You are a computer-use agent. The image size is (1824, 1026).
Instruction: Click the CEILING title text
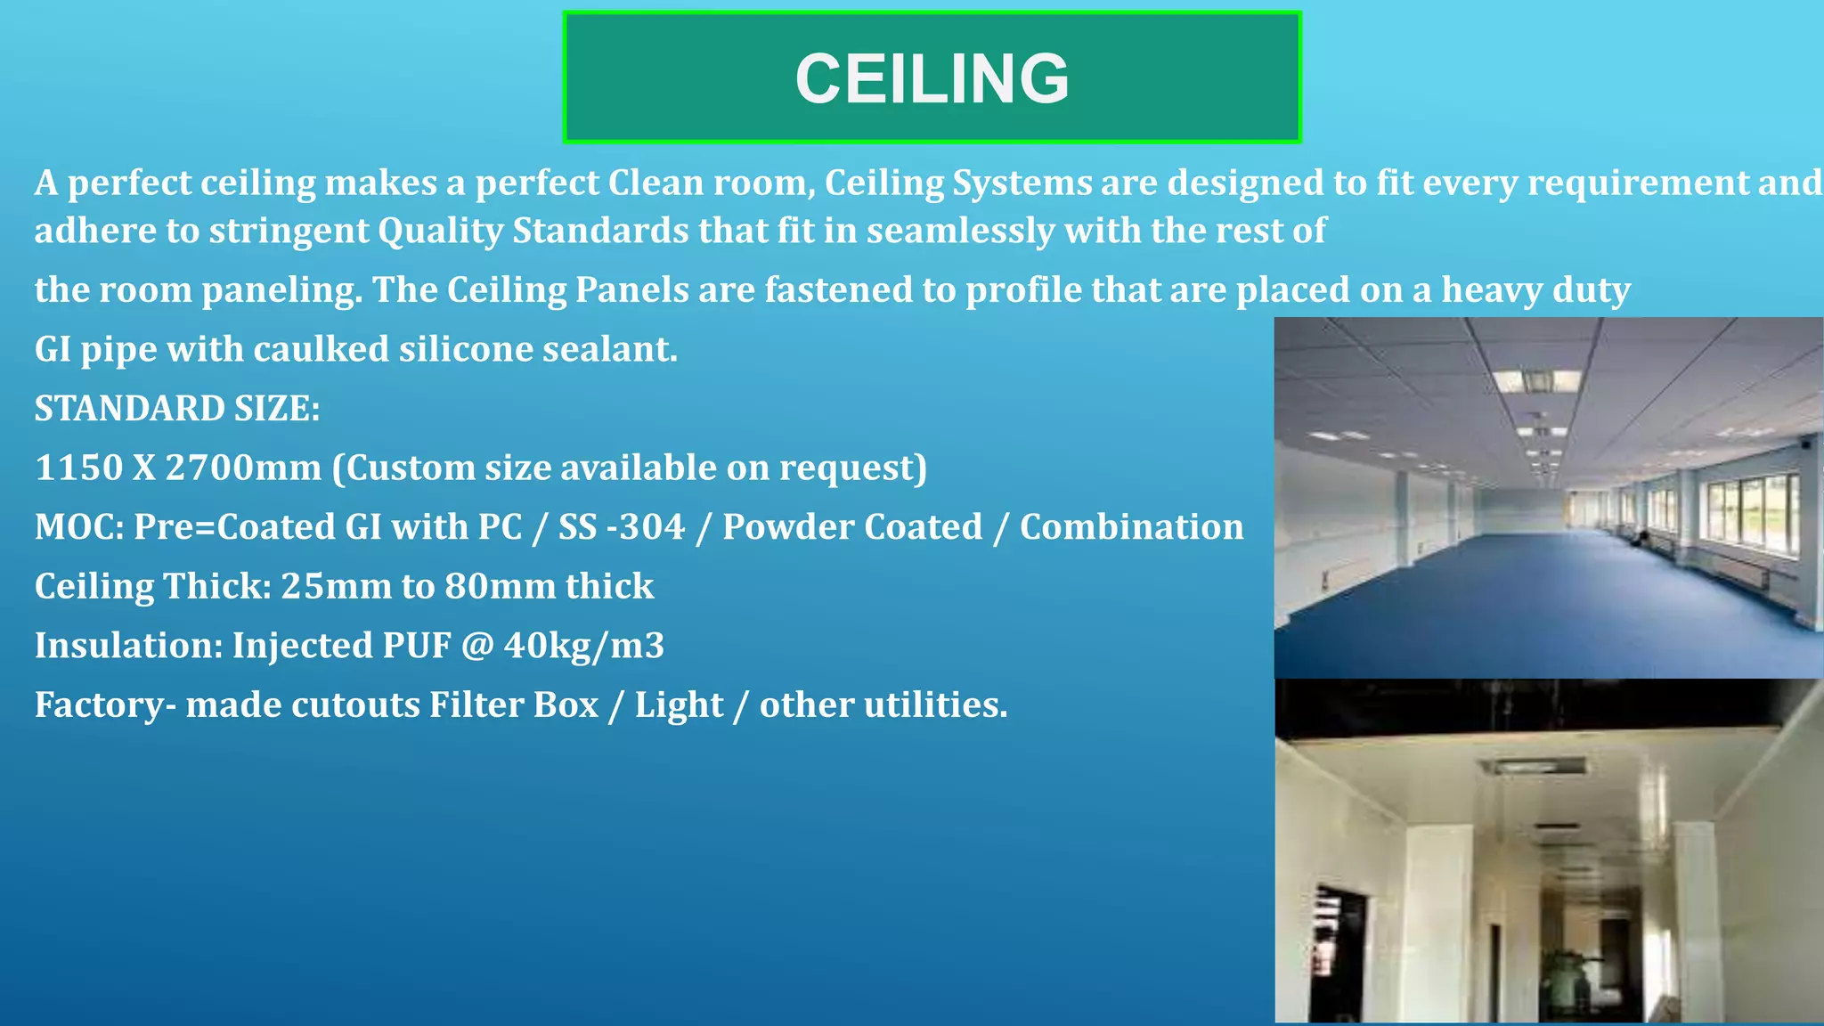[932, 78]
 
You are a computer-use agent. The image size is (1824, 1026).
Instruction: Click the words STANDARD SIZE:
[177, 409]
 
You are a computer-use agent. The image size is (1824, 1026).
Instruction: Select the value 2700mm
[243, 468]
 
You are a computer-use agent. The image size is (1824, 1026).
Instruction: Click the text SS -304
[622, 527]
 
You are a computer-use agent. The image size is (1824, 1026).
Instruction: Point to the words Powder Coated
[852, 527]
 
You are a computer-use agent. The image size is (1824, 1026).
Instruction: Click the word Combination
[1131, 527]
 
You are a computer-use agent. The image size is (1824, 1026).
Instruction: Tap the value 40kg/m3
[583, 646]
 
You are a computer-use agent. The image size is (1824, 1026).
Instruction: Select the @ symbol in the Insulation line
[477, 646]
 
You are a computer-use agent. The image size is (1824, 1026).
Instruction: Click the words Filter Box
[514, 705]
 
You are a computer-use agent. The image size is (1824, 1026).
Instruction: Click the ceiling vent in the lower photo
[1532, 766]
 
